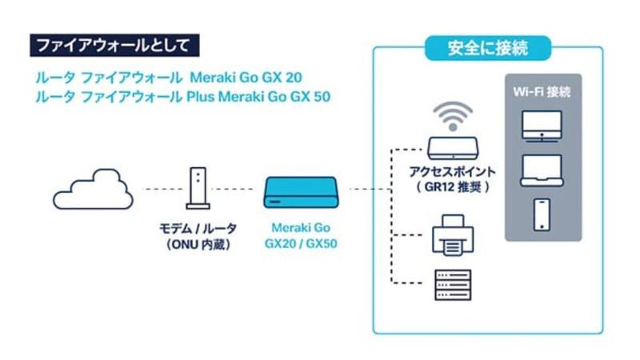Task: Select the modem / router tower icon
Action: click(197, 187)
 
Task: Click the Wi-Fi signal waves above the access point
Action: click(452, 115)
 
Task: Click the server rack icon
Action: click(452, 284)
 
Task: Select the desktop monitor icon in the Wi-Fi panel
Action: click(542, 126)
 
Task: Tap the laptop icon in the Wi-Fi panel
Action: click(542, 170)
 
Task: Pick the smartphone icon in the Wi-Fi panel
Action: click(542, 214)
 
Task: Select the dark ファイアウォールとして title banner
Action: click(113, 43)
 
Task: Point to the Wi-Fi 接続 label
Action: click(542, 92)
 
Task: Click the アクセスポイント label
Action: click(452, 172)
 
